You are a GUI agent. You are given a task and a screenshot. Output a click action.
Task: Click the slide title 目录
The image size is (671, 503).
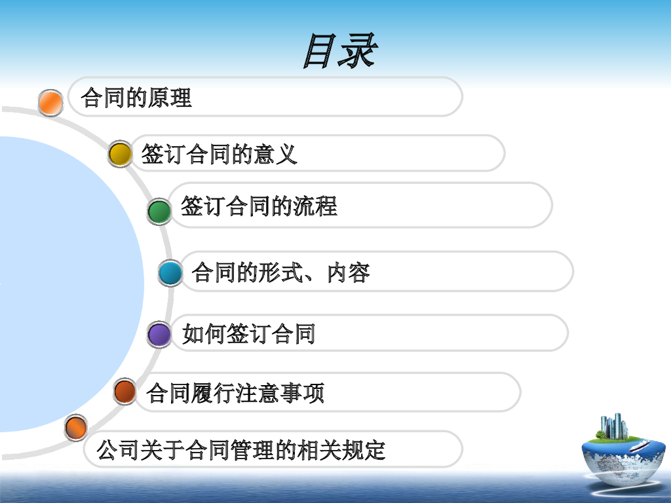click(340, 51)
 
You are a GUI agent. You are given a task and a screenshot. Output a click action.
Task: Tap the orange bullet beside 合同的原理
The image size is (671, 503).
click(50, 103)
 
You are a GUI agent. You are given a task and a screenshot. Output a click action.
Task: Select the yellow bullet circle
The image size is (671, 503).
click(120, 154)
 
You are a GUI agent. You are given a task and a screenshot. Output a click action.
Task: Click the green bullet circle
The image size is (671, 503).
click(159, 212)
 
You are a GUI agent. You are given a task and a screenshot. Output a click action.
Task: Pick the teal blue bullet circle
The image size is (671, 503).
click(170, 273)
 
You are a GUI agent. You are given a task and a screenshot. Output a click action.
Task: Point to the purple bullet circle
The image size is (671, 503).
click(159, 334)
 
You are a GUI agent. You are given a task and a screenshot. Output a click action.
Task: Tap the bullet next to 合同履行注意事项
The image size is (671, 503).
click(125, 392)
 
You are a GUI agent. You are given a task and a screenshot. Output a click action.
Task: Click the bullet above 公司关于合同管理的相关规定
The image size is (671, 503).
click(76, 427)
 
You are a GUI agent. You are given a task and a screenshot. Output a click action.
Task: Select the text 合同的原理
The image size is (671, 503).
click(136, 98)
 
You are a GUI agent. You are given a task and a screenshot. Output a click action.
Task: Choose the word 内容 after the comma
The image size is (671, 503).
click(349, 272)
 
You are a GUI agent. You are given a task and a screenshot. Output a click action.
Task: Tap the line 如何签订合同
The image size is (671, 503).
click(248, 333)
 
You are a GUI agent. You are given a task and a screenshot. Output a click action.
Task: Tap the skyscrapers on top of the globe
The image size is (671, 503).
click(613, 426)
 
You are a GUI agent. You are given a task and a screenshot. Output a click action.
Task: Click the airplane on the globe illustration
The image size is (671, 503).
click(639, 446)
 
